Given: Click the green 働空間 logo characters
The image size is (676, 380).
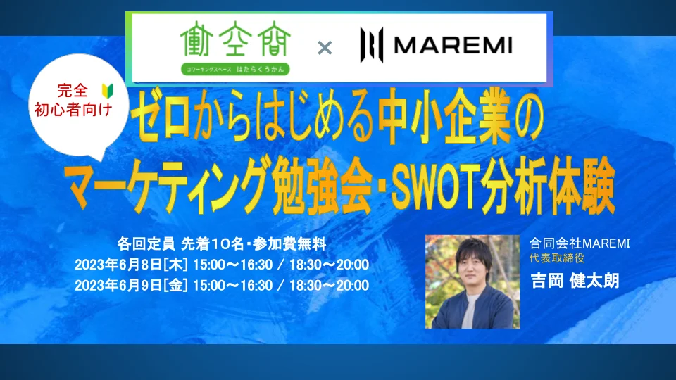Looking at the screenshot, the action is tap(235, 39).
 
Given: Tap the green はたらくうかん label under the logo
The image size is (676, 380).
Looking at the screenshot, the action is tap(235, 69).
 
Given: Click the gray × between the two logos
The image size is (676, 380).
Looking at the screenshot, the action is tap(325, 48).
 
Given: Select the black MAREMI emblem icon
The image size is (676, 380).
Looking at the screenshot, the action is tap(372, 45).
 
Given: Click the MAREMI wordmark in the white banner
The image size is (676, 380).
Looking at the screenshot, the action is tap(453, 45).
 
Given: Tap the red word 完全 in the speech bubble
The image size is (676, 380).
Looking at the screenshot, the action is tap(73, 91).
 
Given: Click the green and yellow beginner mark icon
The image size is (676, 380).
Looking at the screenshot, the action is tap(107, 91).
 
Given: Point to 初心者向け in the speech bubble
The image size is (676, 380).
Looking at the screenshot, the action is tap(73, 110).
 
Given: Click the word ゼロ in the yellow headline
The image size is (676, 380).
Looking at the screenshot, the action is tap(161, 115).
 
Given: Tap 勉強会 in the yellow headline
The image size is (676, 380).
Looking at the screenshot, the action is tap(323, 186).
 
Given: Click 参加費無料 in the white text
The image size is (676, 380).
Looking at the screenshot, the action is tap(289, 244).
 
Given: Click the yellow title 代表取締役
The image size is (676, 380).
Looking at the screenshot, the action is tap(557, 258).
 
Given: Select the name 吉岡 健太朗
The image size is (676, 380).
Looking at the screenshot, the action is tap(575, 281).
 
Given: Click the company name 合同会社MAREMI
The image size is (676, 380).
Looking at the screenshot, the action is tap(580, 243).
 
